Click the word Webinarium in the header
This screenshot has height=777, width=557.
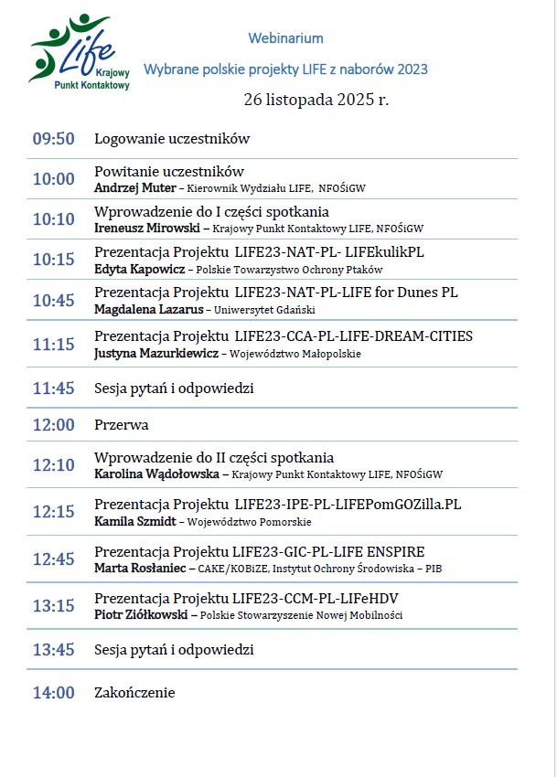pyautogui.click(x=285, y=38)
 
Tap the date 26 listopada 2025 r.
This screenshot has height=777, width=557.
pyautogui.click(x=316, y=99)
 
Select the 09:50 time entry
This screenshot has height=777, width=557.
pyautogui.click(x=53, y=139)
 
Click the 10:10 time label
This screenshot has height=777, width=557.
pyautogui.click(x=53, y=219)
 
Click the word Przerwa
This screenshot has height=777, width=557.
pyautogui.click(x=121, y=425)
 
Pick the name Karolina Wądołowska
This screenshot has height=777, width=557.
pyautogui.click(x=155, y=474)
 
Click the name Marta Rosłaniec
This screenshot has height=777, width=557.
pyautogui.click(x=140, y=568)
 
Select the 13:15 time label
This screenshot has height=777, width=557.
pyautogui.click(x=53, y=606)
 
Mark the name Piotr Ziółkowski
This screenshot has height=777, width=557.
pyautogui.click(x=142, y=615)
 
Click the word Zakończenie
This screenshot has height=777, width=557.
pyautogui.click(x=134, y=693)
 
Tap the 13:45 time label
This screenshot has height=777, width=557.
pyautogui.click(x=53, y=650)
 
